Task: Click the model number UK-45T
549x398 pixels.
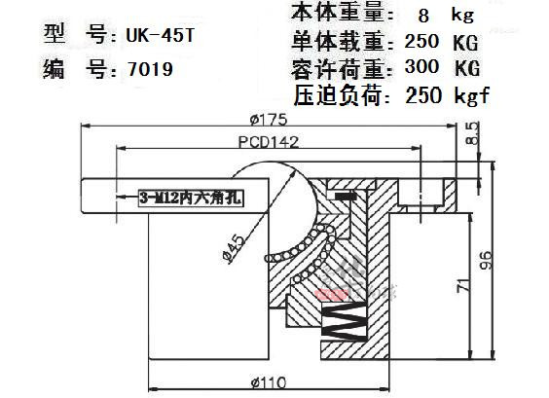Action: (x=160, y=36)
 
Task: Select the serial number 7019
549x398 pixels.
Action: (x=150, y=69)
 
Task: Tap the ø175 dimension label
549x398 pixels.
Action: (x=269, y=120)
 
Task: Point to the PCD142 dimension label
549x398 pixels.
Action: (x=269, y=142)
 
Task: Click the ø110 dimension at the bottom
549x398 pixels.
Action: (x=269, y=382)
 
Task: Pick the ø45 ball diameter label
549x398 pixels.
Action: (x=235, y=249)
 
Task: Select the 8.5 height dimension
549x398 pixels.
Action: (x=472, y=133)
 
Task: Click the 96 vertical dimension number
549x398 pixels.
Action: (x=486, y=261)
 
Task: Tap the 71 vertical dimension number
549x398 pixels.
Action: (x=463, y=286)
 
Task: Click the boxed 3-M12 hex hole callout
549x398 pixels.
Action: (x=191, y=198)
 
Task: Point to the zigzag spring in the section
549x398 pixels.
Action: (x=345, y=320)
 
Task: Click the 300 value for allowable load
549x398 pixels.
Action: (x=421, y=66)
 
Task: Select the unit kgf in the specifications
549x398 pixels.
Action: (x=472, y=94)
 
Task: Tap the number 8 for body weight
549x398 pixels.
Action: (x=423, y=16)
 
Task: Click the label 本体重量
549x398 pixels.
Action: (x=338, y=13)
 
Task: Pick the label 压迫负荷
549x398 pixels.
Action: (x=337, y=95)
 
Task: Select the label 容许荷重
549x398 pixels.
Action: (x=338, y=68)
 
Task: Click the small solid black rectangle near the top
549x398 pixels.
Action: (x=346, y=196)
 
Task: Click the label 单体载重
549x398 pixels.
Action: (x=338, y=41)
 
